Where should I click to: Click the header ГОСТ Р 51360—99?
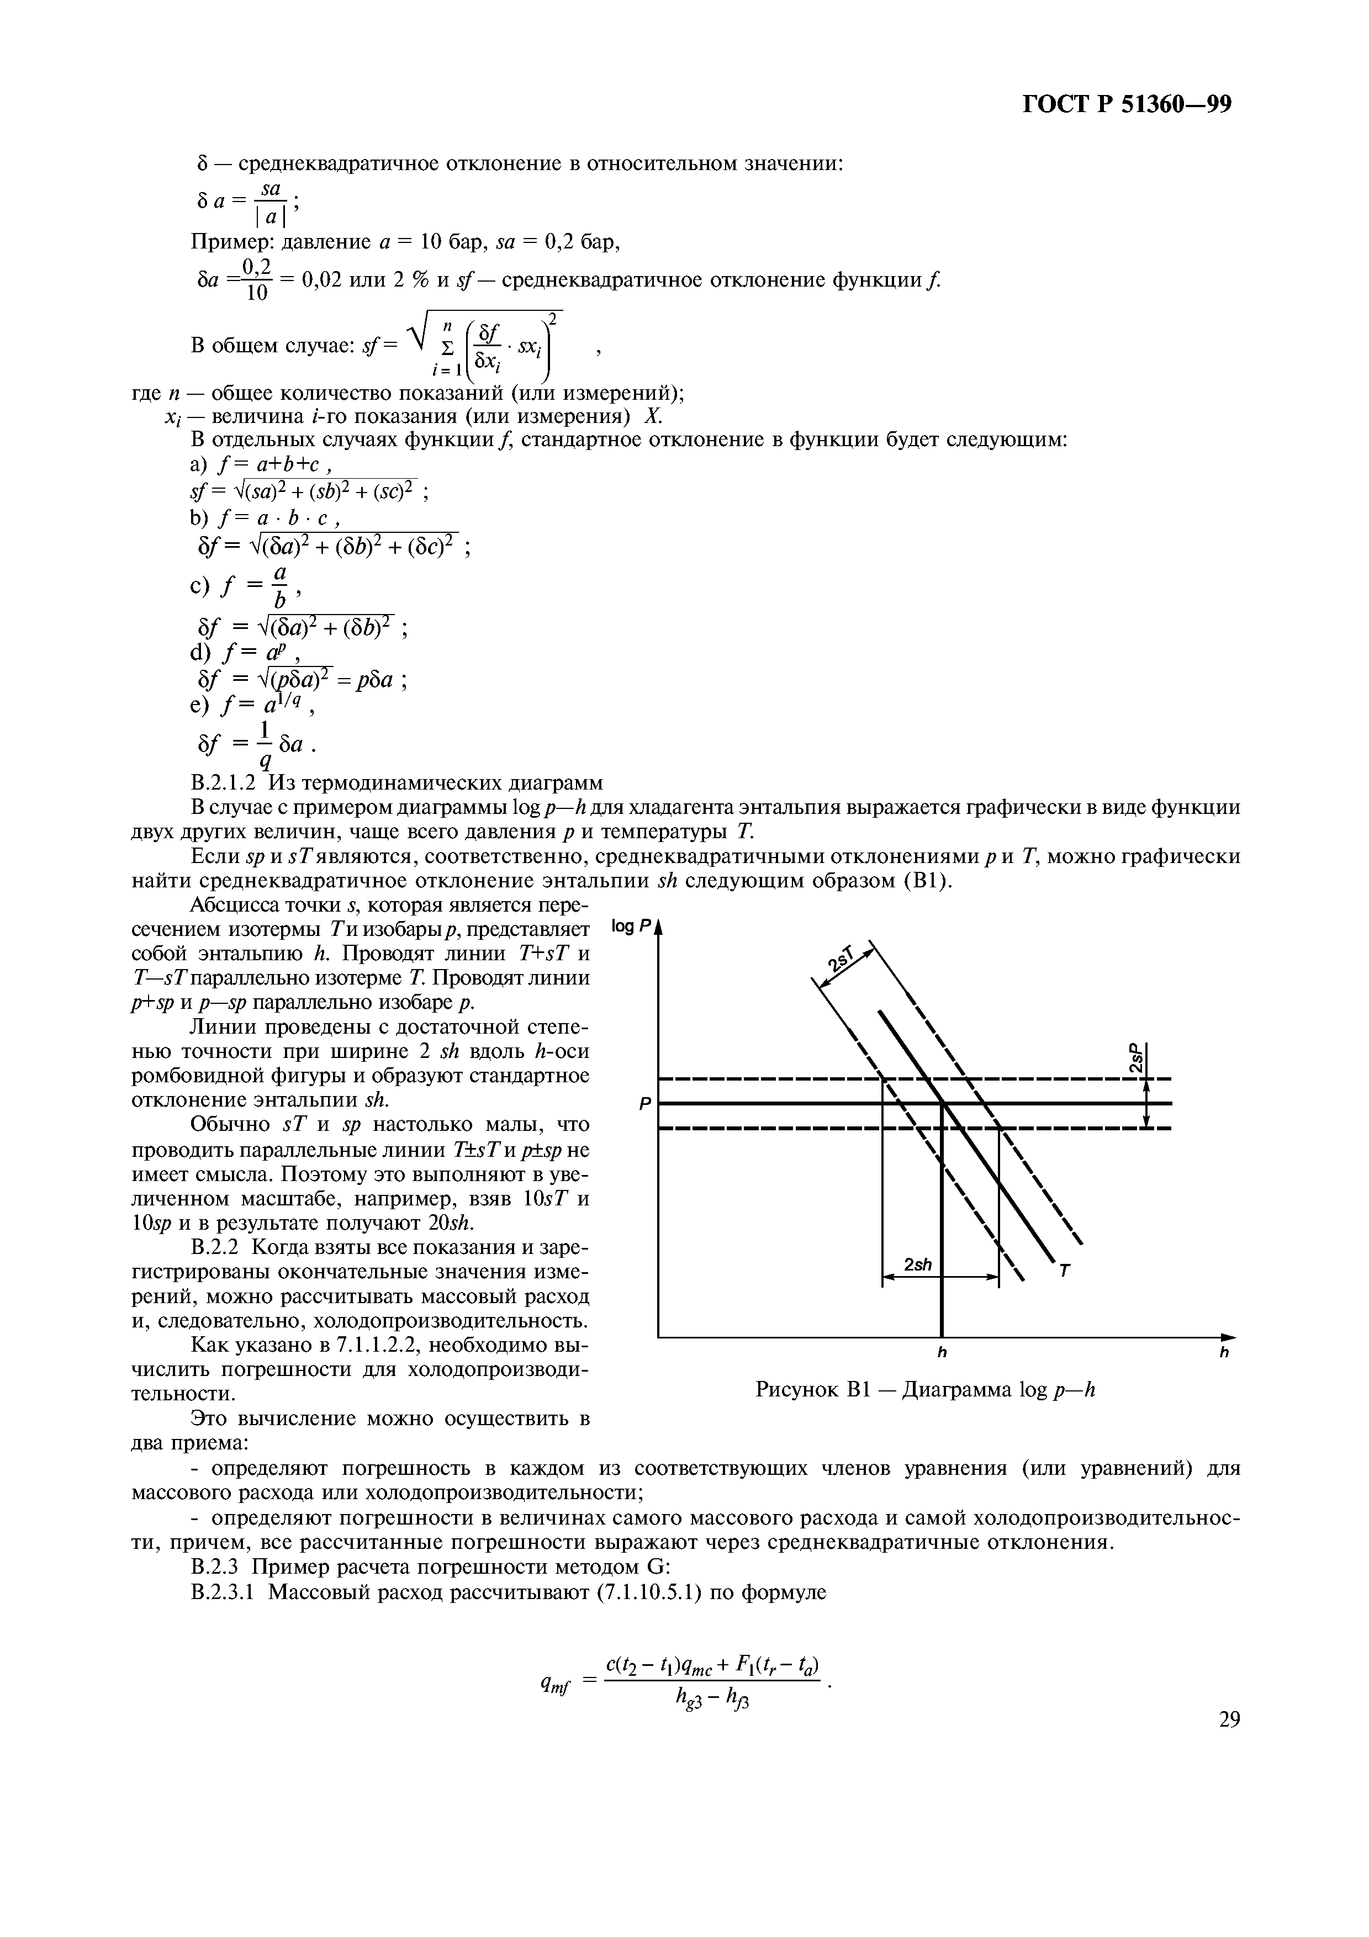coord(1127,104)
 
